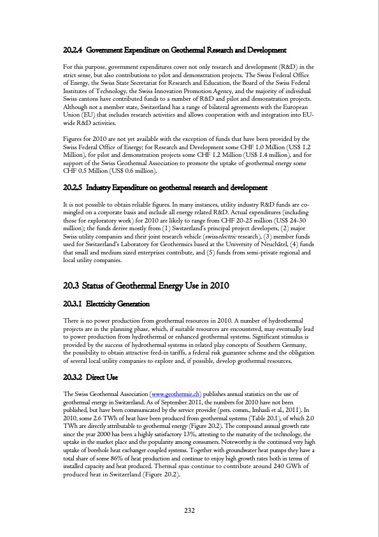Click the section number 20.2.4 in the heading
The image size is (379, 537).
[x=73, y=50]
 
